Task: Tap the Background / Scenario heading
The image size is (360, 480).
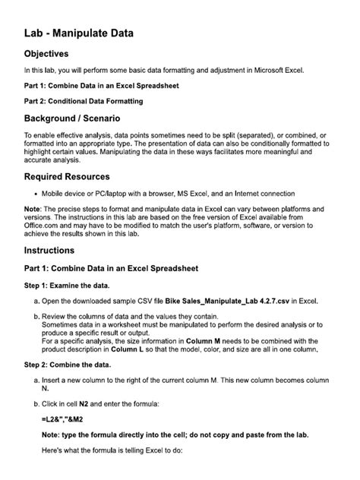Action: point(72,119)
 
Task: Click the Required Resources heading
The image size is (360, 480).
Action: point(71,176)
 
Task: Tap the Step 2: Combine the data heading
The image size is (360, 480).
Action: point(77,366)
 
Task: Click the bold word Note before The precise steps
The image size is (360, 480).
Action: point(33,209)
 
